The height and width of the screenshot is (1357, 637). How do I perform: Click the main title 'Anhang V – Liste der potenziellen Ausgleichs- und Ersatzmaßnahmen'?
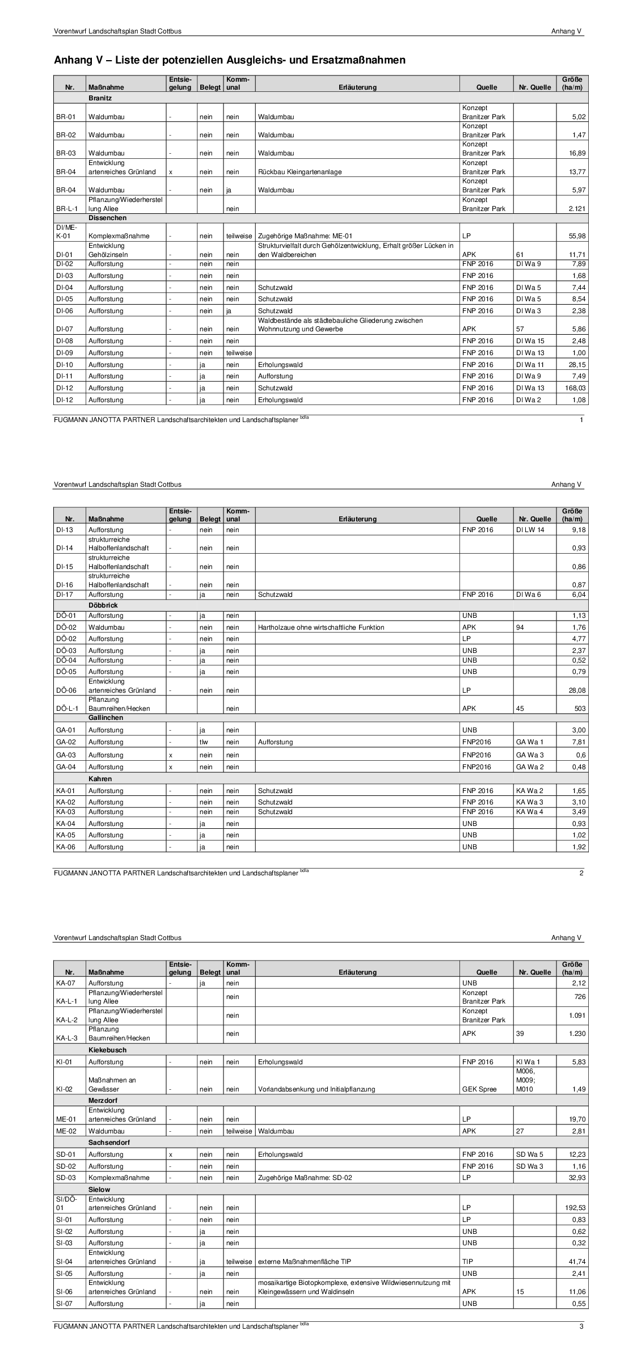click(x=229, y=60)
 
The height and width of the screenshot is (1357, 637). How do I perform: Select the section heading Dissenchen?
click(x=107, y=218)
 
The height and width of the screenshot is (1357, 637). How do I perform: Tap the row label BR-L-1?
click(x=65, y=209)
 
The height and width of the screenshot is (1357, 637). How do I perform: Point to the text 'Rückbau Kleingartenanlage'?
click(x=299, y=172)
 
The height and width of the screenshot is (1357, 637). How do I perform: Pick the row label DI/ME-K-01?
click(x=65, y=231)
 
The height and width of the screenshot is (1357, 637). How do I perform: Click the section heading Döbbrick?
click(x=103, y=605)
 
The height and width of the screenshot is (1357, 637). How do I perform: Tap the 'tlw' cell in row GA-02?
click(x=204, y=742)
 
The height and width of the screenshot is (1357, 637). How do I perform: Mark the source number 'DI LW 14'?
click(x=530, y=530)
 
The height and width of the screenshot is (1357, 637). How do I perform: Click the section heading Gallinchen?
click(x=106, y=718)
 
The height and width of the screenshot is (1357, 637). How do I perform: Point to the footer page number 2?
click(x=581, y=873)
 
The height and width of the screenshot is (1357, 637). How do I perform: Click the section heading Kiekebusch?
click(x=107, y=1050)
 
